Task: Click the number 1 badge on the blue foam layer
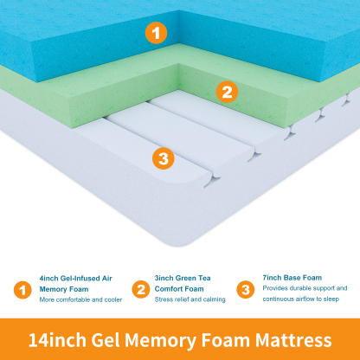point(155,34)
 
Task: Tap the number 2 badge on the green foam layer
point(226,90)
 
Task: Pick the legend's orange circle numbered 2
point(139,289)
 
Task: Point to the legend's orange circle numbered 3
point(246,289)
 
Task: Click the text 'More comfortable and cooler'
point(80,300)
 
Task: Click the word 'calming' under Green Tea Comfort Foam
point(212,300)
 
